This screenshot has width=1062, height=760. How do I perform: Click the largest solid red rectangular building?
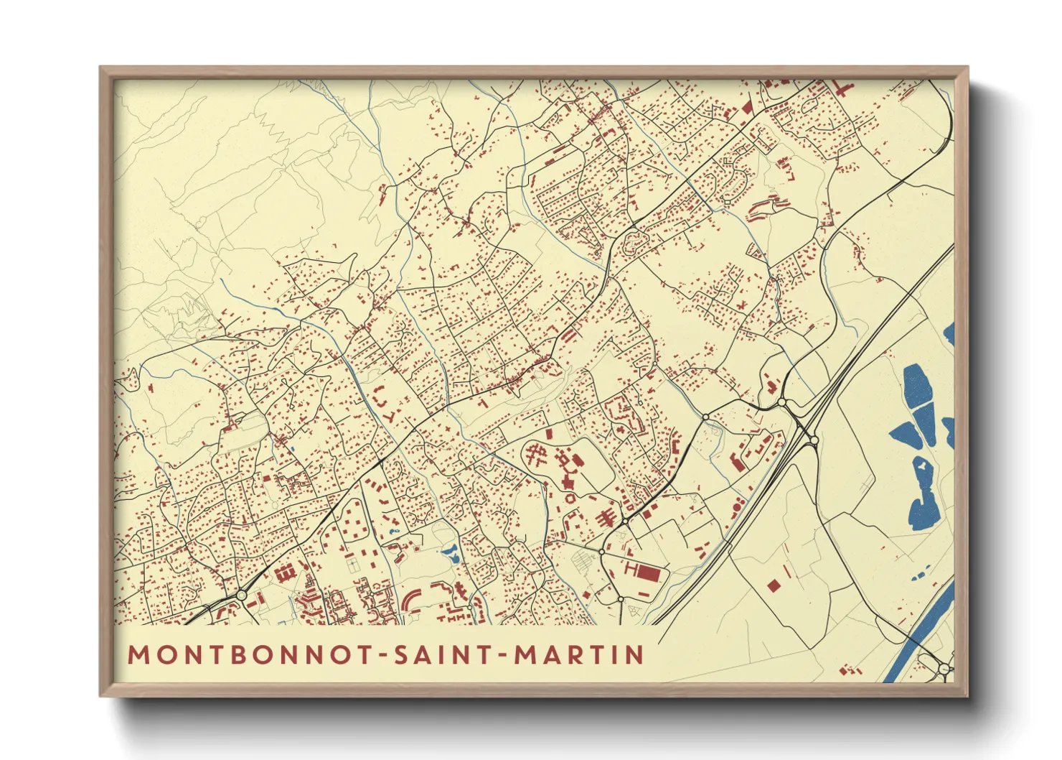point(648,573)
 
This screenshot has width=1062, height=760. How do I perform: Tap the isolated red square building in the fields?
point(773,585)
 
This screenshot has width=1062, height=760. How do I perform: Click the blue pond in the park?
point(451,552)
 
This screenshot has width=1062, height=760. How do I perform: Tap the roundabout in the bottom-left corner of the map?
point(242,595)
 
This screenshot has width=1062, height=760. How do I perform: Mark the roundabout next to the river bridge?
point(944,669)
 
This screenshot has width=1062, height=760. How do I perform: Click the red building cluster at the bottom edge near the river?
point(851,671)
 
